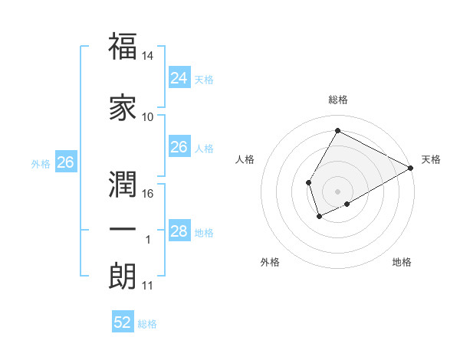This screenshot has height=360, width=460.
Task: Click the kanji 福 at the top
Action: pyautogui.click(x=123, y=47)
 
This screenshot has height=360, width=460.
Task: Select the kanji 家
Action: pyautogui.click(x=123, y=107)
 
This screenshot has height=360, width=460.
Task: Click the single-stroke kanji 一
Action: pyautogui.click(x=123, y=230)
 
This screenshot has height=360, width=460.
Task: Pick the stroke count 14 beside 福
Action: pyautogui.click(x=148, y=56)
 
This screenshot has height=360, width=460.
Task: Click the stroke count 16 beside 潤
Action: pyautogui.click(x=148, y=194)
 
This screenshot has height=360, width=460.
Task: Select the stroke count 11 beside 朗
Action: pyautogui.click(x=148, y=286)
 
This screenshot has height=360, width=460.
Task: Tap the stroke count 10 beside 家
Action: pyautogui.click(x=148, y=117)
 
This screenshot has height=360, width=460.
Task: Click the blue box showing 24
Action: pyautogui.click(x=179, y=78)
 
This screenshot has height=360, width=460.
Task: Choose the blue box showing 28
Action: pyautogui.click(x=179, y=231)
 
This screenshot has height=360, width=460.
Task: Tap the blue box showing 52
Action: pyautogui.click(x=123, y=322)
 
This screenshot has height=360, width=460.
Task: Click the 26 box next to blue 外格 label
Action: pyautogui.click(x=65, y=162)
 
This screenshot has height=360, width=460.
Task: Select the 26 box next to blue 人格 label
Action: pyautogui.click(x=179, y=147)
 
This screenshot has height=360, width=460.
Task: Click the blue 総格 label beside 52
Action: pyautogui.click(x=147, y=324)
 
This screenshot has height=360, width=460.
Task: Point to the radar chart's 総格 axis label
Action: pyautogui.click(x=337, y=100)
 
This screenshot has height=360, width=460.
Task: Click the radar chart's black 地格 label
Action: pyautogui.click(x=402, y=262)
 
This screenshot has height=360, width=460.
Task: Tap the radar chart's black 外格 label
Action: pyautogui.click(x=270, y=262)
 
